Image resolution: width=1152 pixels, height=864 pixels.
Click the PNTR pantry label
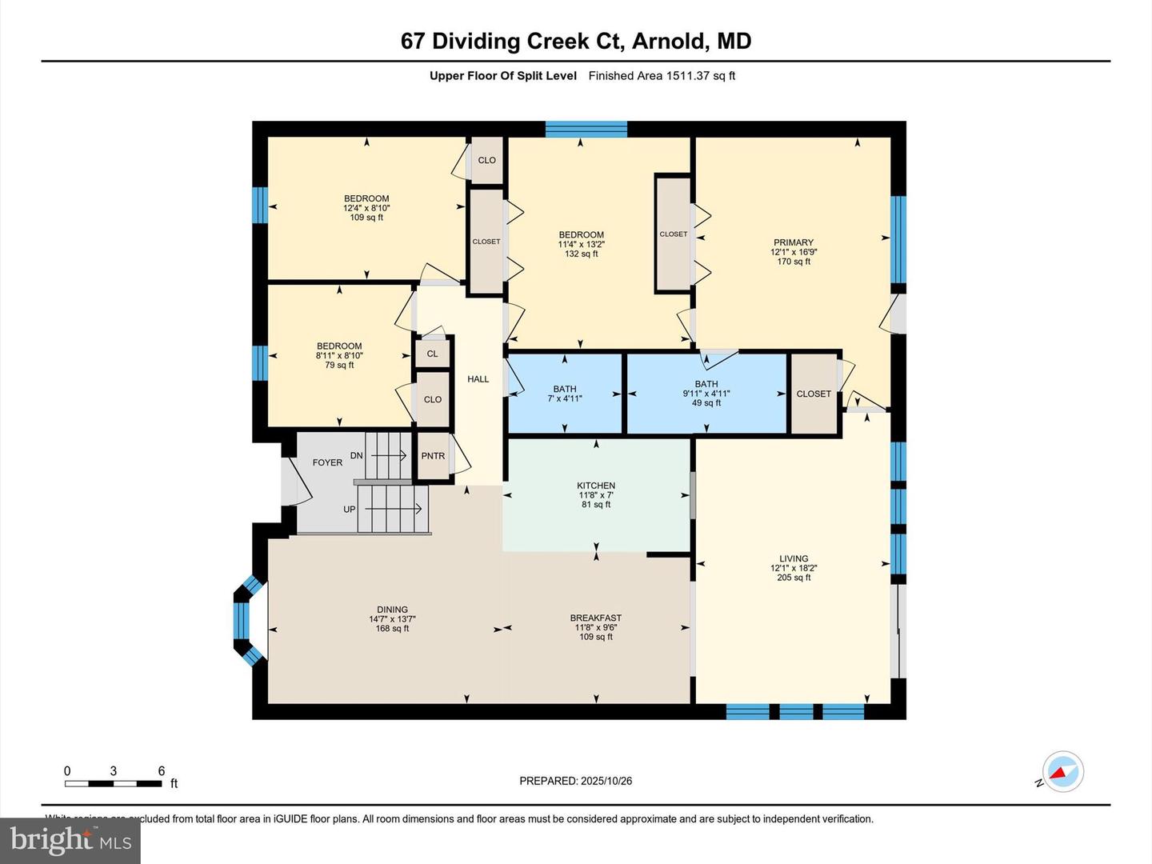coord(433,456)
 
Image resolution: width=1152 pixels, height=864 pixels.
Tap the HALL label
coord(478,379)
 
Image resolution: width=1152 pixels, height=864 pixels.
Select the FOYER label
coord(327,462)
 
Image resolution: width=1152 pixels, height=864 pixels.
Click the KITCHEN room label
coord(596,486)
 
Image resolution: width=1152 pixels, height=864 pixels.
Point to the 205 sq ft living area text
coord(794,578)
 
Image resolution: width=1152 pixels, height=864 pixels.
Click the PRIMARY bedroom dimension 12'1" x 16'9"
coord(794,252)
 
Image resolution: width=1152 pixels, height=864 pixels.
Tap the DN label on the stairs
coord(357,456)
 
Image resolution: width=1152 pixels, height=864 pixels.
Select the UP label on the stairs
coord(350,509)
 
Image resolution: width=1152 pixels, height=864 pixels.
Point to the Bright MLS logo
coord(70,840)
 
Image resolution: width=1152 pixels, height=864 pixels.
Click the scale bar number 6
coord(162,771)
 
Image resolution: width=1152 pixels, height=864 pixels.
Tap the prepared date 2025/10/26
coord(606,781)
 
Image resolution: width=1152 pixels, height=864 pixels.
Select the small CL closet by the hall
coord(432,354)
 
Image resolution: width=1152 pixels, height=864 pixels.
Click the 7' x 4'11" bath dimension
coord(565,398)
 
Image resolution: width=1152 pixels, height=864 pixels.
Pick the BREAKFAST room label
coord(596,618)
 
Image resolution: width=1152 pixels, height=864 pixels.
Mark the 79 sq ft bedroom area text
coord(339,366)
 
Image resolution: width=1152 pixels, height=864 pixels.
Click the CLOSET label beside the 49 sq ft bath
coord(814,394)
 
